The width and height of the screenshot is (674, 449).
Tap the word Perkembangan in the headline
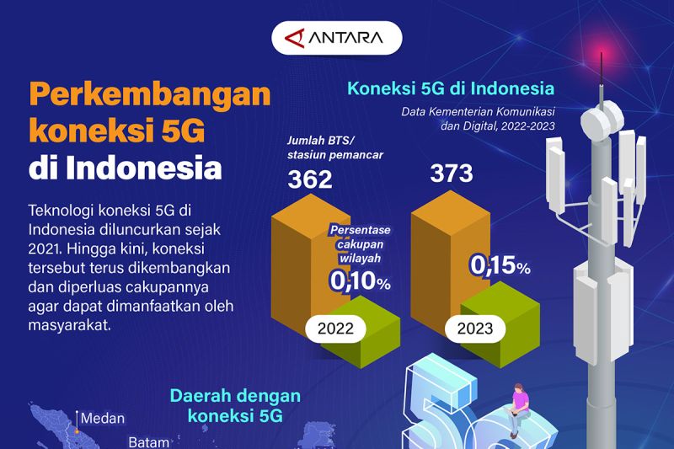(x=150, y=95)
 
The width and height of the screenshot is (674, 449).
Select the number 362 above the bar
(x=310, y=179)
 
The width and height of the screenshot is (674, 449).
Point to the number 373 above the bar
(x=452, y=174)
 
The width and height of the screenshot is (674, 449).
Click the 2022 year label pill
(x=335, y=329)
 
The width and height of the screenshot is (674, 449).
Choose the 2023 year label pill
(x=475, y=329)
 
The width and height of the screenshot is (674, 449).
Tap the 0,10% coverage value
(x=361, y=281)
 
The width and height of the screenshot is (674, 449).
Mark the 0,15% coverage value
(x=500, y=265)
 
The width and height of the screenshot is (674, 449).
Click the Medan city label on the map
(x=103, y=418)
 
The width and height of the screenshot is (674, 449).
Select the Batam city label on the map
(x=149, y=442)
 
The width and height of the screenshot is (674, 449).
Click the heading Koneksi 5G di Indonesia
(x=451, y=88)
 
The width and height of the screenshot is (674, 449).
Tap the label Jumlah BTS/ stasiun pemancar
(x=334, y=147)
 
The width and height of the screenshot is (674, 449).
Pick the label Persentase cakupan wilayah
(x=361, y=244)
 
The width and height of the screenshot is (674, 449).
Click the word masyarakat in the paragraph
(x=70, y=324)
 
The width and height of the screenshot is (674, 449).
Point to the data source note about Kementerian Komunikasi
(x=478, y=119)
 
